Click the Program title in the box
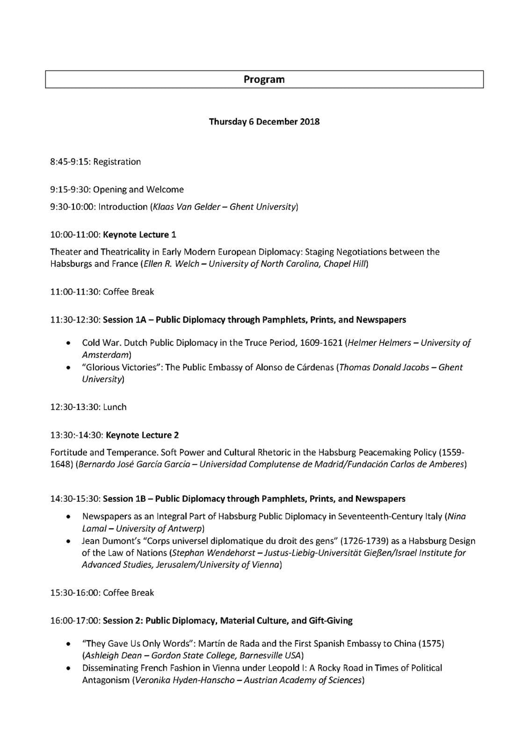pyautogui.click(x=264, y=79)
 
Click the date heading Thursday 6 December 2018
pyautogui.click(x=264, y=122)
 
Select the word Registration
pyautogui.click(x=117, y=162)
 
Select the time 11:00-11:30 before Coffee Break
pyautogui.click(x=75, y=292)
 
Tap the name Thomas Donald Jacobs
pyautogui.click(x=384, y=367)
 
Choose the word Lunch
pyautogui.click(x=115, y=407)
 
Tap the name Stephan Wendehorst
pyautogui.click(x=214, y=553)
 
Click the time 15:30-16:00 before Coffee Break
pyautogui.click(x=75, y=593)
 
